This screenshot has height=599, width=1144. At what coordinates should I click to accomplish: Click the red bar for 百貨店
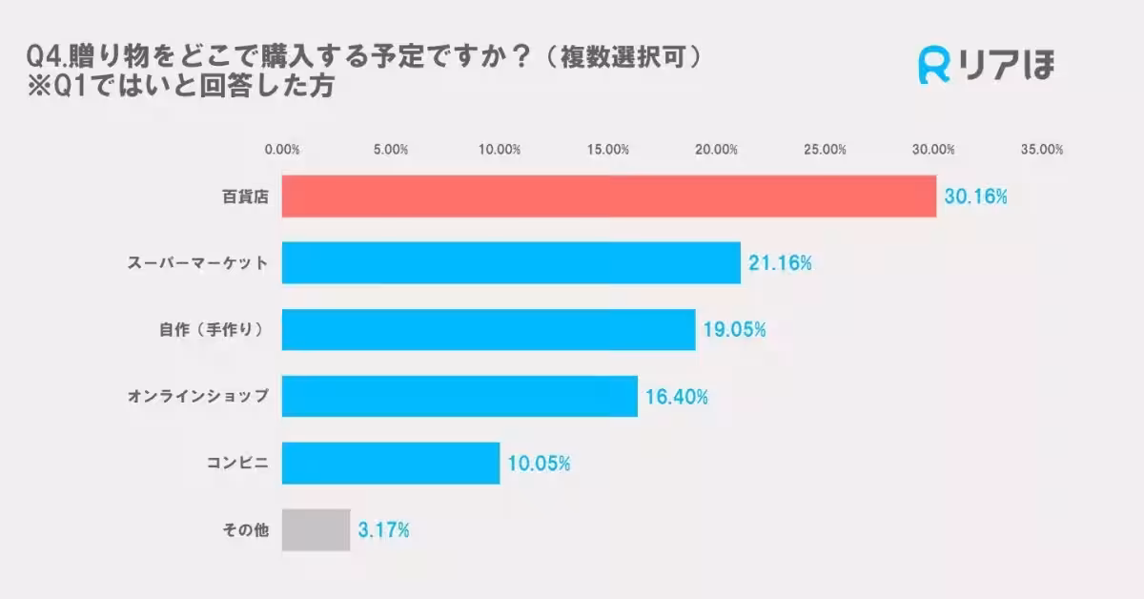[x=608, y=196]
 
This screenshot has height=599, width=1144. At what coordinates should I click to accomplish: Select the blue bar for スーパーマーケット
[x=511, y=263]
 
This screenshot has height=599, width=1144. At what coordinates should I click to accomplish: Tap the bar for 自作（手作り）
[x=488, y=330]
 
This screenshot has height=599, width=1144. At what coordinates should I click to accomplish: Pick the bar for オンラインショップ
[x=460, y=397]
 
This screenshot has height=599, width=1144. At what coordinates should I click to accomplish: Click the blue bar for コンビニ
[x=391, y=464]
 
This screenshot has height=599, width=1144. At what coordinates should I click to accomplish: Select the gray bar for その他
[x=316, y=530]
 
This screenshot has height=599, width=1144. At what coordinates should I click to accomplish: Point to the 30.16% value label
[x=975, y=197]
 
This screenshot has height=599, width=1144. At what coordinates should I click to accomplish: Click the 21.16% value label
[x=780, y=264]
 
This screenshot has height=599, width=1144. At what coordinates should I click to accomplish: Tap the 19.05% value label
[x=734, y=331]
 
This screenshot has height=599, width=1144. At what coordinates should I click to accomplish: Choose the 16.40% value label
[x=677, y=398]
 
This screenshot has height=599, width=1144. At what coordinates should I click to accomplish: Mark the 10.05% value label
[x=539, y=465]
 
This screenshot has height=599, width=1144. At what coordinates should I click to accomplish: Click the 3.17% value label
[x=383, y=531]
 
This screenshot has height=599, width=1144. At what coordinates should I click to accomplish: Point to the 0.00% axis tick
[x=282, y=150]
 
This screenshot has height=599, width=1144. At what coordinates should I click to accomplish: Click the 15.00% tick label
[x=608, y=150]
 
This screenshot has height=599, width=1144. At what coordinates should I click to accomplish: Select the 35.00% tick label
[x=1042, y=150]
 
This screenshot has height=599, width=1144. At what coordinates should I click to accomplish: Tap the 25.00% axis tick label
[x=826, y=150]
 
